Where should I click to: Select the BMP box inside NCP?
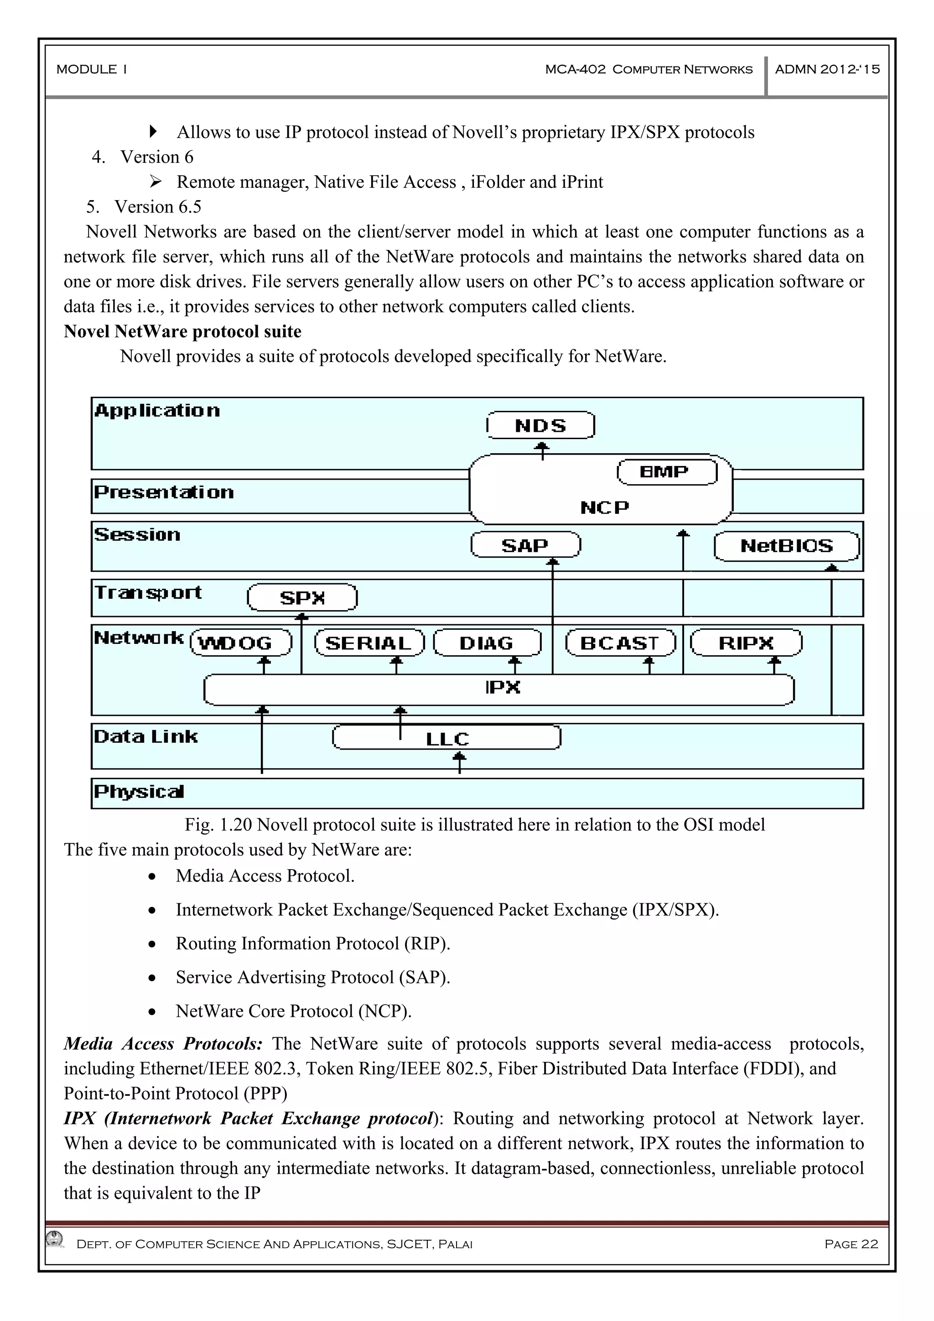point(666,472)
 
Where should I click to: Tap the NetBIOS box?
point(786,545)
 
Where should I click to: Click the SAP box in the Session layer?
point(525,545)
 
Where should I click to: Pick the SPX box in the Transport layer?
point(302,597)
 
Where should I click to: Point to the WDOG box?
point(241,642)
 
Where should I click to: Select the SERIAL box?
point(369,642)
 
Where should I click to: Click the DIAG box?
point(487,642)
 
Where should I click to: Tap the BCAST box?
point(620,642)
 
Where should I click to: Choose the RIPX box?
point(746,642)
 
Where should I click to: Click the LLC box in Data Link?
point(446,738)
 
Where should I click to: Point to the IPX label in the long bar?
point(503,687)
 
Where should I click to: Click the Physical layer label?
point(139,792)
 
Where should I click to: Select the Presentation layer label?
point(164,492)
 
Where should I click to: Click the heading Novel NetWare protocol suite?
point(182,332)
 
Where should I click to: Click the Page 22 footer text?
point(851,1244)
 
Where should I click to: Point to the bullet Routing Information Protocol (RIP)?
point(312,943)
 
